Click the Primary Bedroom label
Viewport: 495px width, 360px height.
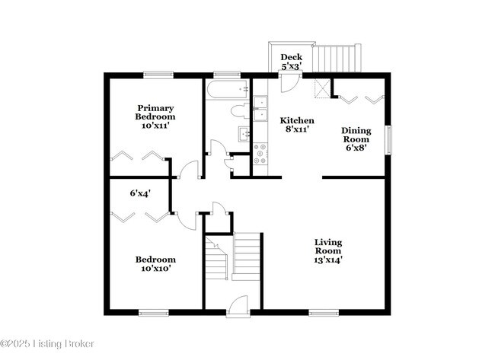(x=155, y=116)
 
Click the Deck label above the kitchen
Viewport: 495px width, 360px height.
(x=292, y=62)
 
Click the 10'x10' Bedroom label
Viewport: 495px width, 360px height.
(x=155, y=264)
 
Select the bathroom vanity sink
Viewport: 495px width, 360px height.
(x=245, y=135)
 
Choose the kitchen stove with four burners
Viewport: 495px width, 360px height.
(x=260, y=155)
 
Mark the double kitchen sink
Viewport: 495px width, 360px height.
(x=260, y=108)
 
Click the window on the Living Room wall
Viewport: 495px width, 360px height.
(x=324, y=311)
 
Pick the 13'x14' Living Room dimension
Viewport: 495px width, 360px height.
(x=329, y=260)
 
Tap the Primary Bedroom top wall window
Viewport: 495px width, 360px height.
(x=157, y=74)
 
